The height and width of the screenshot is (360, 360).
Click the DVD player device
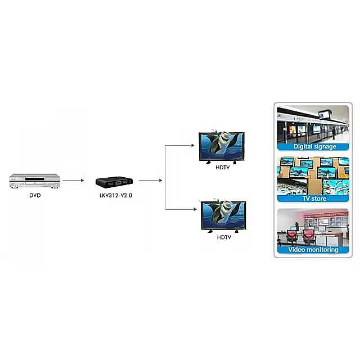(x=35, y=181)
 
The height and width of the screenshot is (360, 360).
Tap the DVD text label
(x=35, y=196)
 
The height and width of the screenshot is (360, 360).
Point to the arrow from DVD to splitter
(x=73, y=181)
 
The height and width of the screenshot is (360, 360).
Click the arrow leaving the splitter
(x=151, y=181)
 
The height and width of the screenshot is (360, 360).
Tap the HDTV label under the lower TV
(x=223, y=237)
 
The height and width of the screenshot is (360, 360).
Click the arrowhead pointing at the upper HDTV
(x=193, y=146)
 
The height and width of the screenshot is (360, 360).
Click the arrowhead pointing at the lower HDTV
(x=193, y=210)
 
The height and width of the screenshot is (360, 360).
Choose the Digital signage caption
(x=314, y=146)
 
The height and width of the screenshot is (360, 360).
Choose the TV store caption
(x=314, y=198)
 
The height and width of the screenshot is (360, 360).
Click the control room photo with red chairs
(x=314, y=227)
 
